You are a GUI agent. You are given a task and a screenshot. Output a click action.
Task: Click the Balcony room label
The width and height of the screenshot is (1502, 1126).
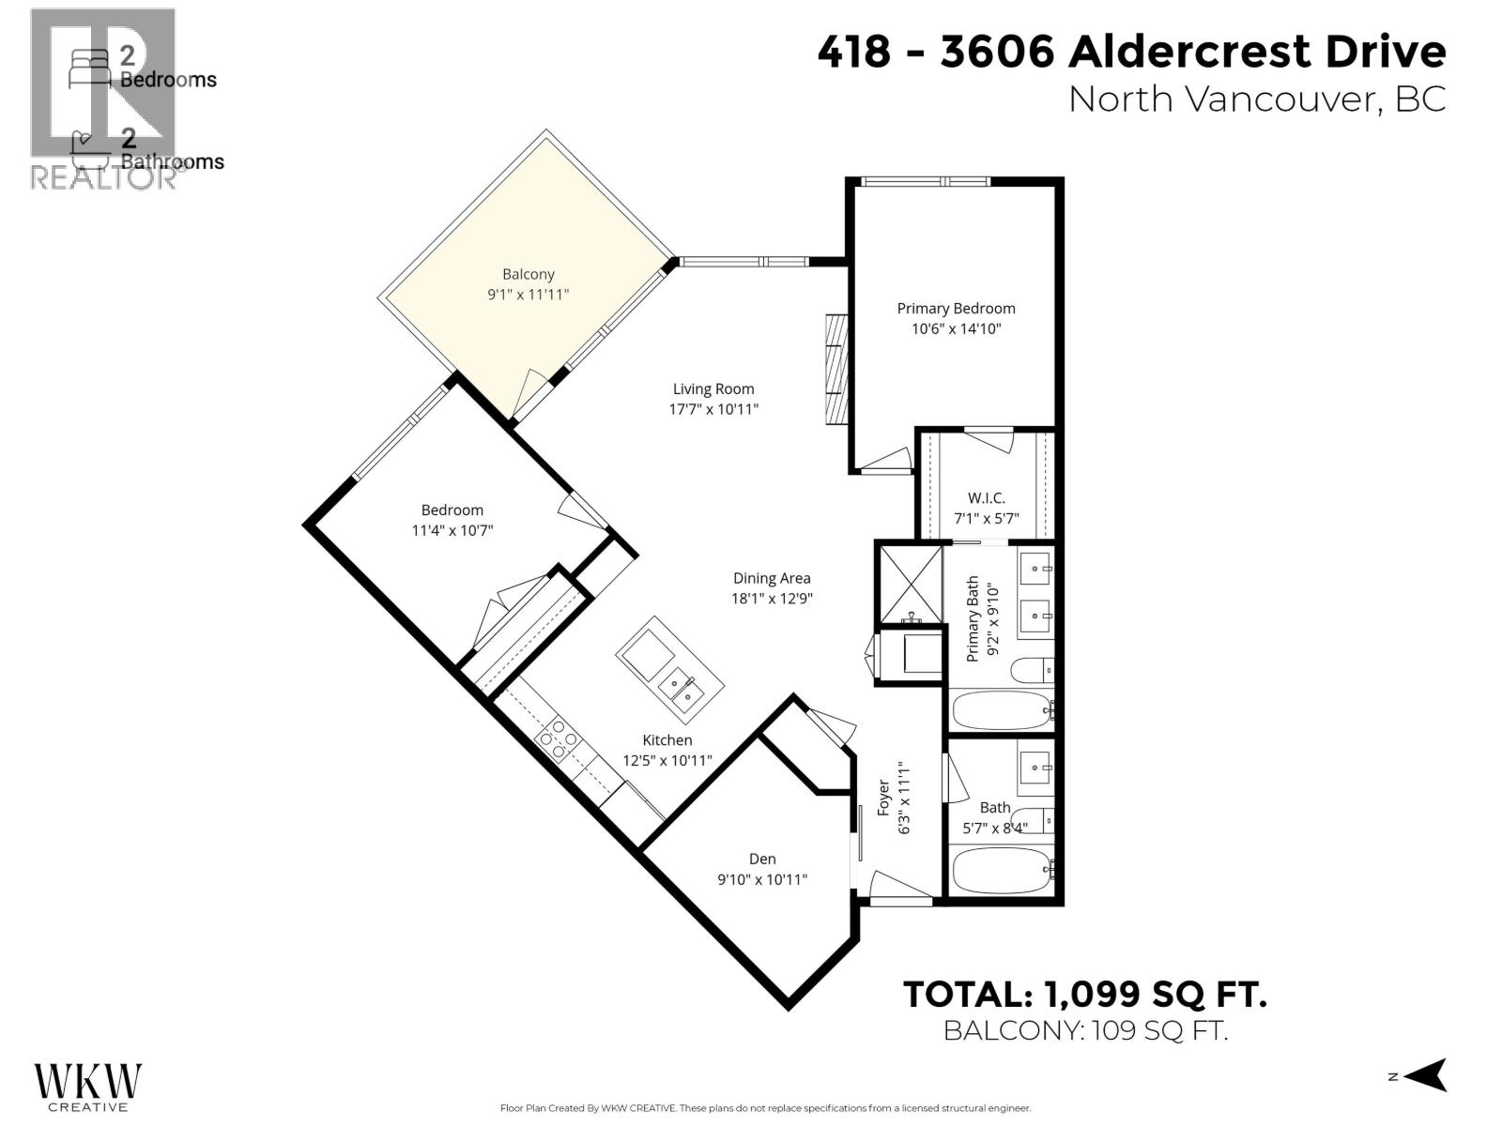click(528, 274)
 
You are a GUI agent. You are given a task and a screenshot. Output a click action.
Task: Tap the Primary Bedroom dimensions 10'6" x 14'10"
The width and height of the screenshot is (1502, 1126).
click(956, 328)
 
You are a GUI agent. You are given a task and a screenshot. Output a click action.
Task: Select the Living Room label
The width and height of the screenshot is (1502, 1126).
click(713, 388)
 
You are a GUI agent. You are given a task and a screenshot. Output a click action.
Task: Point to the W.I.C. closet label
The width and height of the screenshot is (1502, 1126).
click(986, 498)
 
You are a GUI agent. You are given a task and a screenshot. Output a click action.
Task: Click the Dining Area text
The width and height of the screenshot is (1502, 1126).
click(772, 579)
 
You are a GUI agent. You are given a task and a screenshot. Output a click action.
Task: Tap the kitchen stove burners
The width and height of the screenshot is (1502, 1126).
click(557, 738)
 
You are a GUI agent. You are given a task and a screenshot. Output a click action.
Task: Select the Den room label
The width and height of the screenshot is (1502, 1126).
click(762, 859)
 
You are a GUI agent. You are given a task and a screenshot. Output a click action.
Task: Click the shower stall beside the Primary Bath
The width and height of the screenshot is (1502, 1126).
click(909, 585)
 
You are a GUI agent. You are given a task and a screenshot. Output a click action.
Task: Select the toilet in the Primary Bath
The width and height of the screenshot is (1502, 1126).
click(1031, 670)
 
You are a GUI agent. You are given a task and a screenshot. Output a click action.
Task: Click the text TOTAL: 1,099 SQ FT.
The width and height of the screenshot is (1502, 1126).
click(1084, 994)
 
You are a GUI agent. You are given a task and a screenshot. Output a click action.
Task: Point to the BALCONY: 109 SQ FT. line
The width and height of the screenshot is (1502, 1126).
click(1084, 1030)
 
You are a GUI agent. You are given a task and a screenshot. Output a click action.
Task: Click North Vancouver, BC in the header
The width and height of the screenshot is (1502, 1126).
click(1256, 99)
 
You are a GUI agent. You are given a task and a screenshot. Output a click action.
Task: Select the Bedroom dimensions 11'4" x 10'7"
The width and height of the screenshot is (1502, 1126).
click(452, 530)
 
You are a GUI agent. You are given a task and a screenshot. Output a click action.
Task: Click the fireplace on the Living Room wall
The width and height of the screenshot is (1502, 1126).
click(835, 371)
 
